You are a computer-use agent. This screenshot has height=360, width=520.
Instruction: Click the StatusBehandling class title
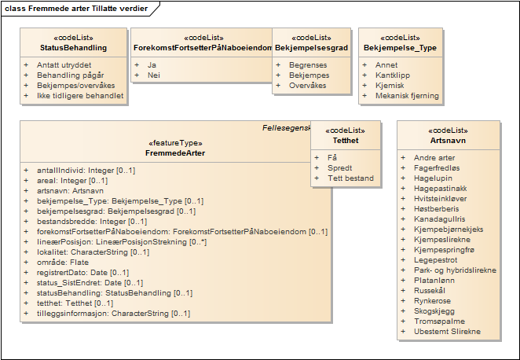74,48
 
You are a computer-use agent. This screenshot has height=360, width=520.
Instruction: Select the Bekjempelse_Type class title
400,48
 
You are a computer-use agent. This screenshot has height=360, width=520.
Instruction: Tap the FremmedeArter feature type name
176,153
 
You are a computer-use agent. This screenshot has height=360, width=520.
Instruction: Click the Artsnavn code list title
448,141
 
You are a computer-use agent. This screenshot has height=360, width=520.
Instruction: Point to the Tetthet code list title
346,141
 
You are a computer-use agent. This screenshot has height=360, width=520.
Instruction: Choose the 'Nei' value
153,75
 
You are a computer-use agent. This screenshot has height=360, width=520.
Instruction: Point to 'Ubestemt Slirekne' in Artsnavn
448,332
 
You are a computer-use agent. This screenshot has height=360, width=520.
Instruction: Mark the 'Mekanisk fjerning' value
407,96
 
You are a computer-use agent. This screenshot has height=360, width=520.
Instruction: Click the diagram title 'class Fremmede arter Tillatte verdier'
75,8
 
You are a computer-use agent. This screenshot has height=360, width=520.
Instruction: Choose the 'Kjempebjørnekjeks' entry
449,230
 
